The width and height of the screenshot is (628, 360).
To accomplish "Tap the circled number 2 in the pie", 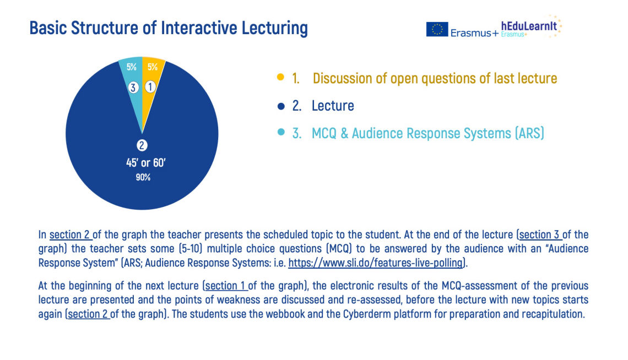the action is coord(142,145).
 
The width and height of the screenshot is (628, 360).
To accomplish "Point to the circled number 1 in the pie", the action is coord(150,87).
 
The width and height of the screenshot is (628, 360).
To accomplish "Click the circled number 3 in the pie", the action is coord(133,87).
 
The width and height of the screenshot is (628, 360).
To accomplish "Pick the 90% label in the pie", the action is coord(143,177).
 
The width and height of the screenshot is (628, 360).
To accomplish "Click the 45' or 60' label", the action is coord(146,163).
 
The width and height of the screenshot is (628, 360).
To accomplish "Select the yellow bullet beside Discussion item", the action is coord(281,77).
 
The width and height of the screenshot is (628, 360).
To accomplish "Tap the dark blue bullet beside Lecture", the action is coord(281,106).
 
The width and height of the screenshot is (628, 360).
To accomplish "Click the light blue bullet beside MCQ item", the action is coord(281,132).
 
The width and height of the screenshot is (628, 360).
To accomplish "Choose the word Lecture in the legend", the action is coord(333,106).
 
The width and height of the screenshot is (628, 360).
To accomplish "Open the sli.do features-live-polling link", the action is coord(376,263).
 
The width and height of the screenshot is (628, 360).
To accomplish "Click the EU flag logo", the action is coord(437,29).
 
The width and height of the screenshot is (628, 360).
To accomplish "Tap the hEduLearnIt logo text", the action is coord(529,26).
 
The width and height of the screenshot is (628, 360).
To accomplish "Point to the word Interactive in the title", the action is coord(199,28).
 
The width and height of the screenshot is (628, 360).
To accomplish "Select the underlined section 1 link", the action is coord(225,286).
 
